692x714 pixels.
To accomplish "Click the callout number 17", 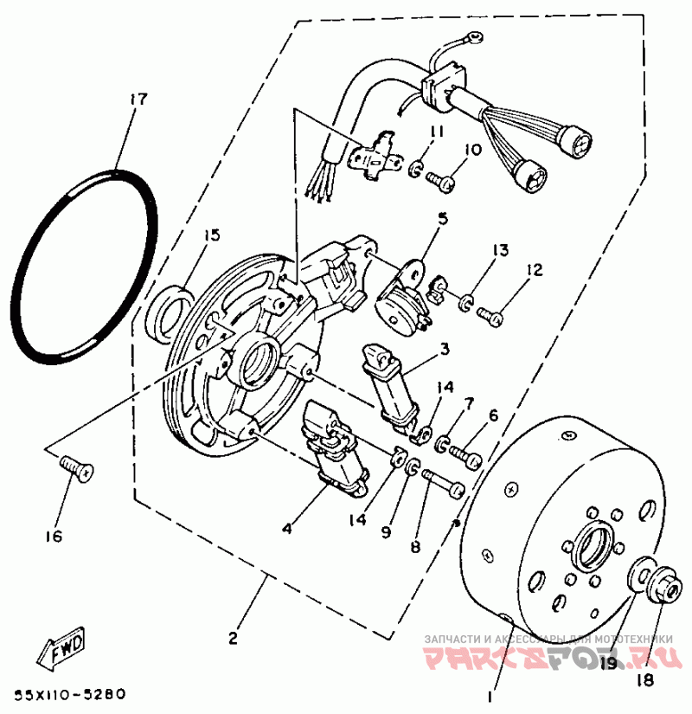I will [x=134, y=99].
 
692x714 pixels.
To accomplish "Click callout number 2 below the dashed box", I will [x=232, y=639].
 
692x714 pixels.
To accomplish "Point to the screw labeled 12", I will [x=491, y=316].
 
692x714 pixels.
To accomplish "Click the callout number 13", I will [x=501, y=250].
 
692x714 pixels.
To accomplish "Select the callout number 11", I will [x=436, y=132].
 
